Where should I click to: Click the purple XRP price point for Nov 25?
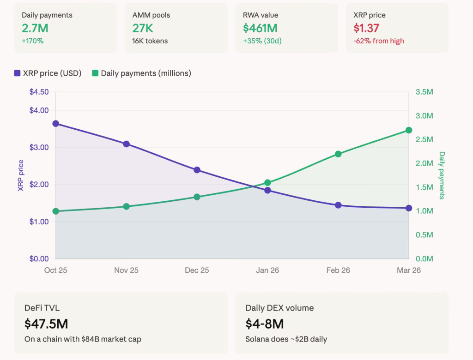[x=127, y=144]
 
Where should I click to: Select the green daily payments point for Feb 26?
[x=338, y=154]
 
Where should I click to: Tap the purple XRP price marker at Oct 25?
[x=56, y=124]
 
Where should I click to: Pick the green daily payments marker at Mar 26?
[x=409, y=130]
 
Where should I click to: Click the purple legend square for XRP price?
[x=17, y=73]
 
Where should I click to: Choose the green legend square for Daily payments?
[x=95, y=73]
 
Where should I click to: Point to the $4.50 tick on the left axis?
[x=39, y=92]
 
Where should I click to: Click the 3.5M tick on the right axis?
[x=424, y=92]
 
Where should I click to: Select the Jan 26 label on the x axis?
[x=267, y=270]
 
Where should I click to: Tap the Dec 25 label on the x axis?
[x=197, y=270]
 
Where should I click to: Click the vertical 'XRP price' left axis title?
[x=21, y=175]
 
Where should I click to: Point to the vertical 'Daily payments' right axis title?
[x=442, y=175]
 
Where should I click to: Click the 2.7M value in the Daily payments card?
[x=35, y=28]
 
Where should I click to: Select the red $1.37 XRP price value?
[x=366, y=28]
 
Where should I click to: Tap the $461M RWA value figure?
[x=260, y=28]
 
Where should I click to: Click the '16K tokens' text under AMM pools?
[x=150, y=41]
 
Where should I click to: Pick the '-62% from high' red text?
[x=379, y=41]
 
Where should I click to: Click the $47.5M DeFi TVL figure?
[x=46, y=324]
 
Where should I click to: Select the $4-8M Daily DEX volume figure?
[x=265, y=324]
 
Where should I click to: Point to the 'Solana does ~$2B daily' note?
[x=286, y=339]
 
